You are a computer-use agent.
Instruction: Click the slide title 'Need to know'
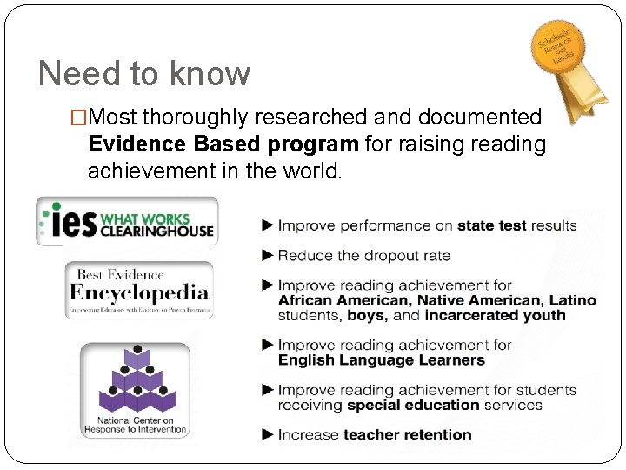(144, 73)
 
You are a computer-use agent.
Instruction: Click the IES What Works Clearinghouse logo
(127, 221)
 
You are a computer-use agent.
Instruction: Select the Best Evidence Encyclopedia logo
(139, 290)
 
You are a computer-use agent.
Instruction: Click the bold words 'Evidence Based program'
(223, 144)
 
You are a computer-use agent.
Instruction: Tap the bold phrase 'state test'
(492, 225)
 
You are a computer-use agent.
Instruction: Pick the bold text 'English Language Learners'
(382, 359)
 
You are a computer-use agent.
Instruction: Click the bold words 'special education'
(413, 405)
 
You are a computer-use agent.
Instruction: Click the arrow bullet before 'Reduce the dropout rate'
(268, 255)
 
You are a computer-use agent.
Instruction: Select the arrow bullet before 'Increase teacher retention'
(268, 434)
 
